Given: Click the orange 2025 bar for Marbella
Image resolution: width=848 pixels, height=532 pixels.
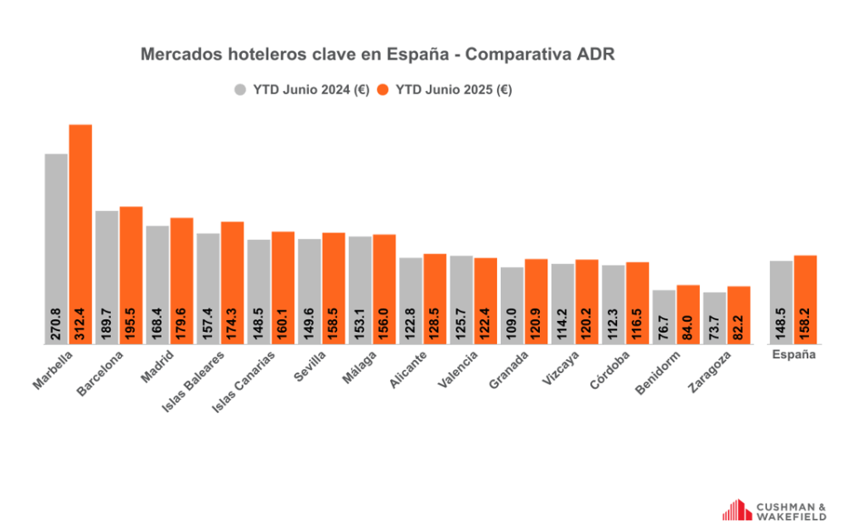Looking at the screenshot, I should click(80, 215).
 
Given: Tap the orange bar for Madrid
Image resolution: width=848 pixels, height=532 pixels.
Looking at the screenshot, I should click(181, 265).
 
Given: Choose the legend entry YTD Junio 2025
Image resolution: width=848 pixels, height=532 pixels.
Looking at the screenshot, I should click(444, 90).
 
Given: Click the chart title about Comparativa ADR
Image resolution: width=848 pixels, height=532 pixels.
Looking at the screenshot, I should click(378, 55).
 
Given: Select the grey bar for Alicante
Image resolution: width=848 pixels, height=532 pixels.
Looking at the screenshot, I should click(411, 290).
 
